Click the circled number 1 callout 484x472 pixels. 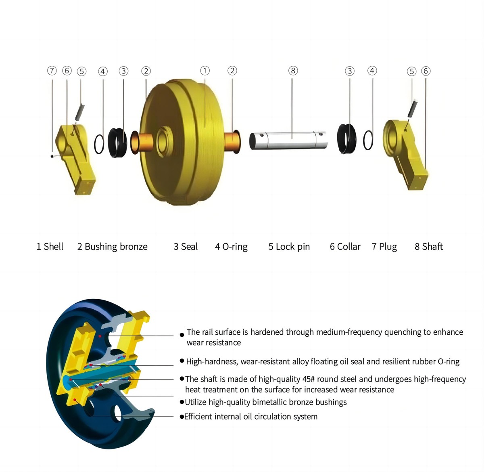(x=205, y=71)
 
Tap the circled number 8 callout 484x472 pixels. (x=293, y=71)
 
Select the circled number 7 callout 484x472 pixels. (x=52, y=71)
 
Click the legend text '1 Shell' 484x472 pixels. (x=50, y=247)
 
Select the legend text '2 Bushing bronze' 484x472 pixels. (x=112, y=247)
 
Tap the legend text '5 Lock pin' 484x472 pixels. (x=289, y=247)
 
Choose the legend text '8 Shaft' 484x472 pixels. (x=429, y=247)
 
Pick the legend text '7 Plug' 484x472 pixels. (x=384, y=247)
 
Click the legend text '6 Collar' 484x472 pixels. (x=345, y=247)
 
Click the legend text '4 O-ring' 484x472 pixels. (x=231, y=247)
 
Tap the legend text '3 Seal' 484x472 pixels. (x=186, y=247)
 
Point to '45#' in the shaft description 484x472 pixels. (x=309, y=379)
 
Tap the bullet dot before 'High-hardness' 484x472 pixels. (x=182, y=361)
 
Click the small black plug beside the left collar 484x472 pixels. (x=53, y=156)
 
